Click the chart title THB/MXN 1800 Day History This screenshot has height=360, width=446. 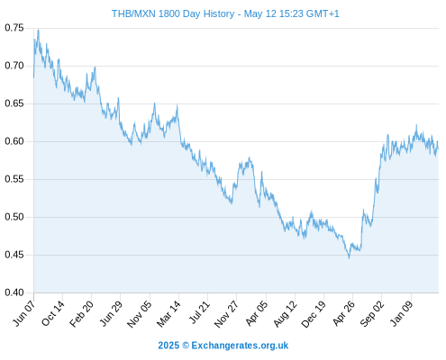pyautogui.click(x=173, y=13)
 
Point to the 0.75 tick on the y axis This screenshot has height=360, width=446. pyautogui.click(x=14, y=28)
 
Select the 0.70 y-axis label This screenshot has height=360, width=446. pyautogui.click(x=14, y=66)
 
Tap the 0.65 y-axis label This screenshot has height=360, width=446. pyautogui.click(x=14, y=103)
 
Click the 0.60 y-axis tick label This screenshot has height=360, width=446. pyautogui.click(x=14, y=141)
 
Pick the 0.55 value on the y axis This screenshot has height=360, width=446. pyautogui.click(x=14, y=179)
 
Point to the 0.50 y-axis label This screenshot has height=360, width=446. pyautogui.click(x=14, y=217)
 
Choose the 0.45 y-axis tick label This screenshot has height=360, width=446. pyautogui.click(x=14, y=255)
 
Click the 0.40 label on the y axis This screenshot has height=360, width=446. pyautogui.click(x=14, y=292)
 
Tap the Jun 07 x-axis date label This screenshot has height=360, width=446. pyautogui.click(x=24, y=313)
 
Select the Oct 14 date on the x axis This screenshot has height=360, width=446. pyautogui.click(x=53, y=313)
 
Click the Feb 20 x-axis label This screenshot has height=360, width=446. pyautogui.click(x=81, y=313)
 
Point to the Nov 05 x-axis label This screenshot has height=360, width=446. pyautogui.click(x=140, y=314)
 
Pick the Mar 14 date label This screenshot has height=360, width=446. pyautogui.click(x=168, y=313)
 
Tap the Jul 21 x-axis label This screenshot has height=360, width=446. pyautogui.click(x=199, y=312)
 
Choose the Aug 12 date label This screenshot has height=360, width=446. pyautogui.click(x=286, y=313)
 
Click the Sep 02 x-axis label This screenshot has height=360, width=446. pyautogui.click(x=372, y=313)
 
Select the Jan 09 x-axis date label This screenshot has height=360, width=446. pyautogui.click(x=402, y=313)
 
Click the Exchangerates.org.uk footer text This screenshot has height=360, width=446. pyautogui.click(x=240, y=346)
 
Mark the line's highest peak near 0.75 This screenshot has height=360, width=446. pyautogui.click(x=38, y=30)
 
